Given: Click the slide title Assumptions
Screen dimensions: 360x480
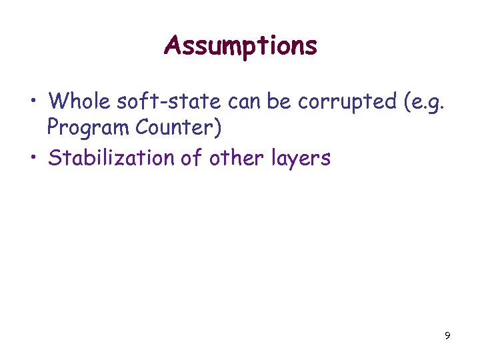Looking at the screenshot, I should [x=241, y=46].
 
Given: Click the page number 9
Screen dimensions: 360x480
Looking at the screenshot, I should [x=447, y=335].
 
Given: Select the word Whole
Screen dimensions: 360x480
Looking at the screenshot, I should [x=79, y=101].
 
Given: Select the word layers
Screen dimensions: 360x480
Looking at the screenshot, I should [x=300, y=159].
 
